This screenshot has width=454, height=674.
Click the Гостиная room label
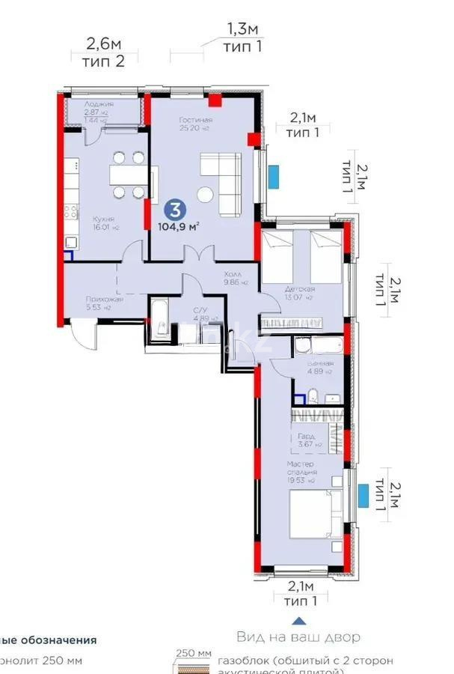[x=195, y=120]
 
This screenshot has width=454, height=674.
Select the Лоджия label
[x=98, y=104]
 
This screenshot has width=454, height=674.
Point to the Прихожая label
[x=99, y=298]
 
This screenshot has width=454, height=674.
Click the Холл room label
[x=232, y=274]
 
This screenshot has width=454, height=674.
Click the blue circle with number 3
[x=174, y=209]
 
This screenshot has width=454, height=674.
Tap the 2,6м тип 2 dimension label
[x=103, y=52]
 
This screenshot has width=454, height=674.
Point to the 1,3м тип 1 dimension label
[x=242, y=37]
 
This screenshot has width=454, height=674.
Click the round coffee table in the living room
[x=205, y=195]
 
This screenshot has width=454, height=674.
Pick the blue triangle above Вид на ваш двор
[x=298, y=619]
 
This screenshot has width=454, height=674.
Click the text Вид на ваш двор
[x=298, y=637]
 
